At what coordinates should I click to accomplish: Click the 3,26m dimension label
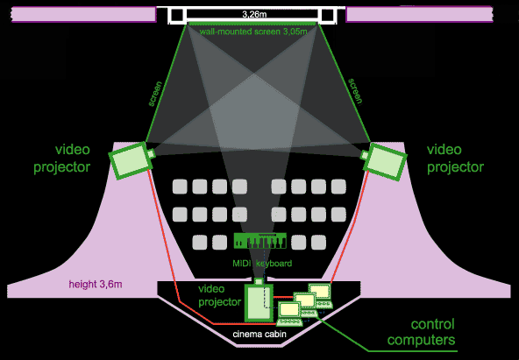pos(254,15)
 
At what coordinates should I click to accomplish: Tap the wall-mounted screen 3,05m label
pos(253,32)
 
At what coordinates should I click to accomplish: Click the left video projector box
pos(130,160)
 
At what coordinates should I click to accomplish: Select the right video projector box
pos(386,162)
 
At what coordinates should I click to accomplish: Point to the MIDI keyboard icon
pos(260,240)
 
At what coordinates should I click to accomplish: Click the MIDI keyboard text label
pos(262,264)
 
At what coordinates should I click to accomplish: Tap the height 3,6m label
pos(96,285)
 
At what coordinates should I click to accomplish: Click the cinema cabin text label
pos(259,334)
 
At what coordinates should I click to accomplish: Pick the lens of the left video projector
pos(151,153)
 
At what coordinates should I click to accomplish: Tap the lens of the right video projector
pos(365,155)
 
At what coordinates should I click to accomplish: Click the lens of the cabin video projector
pos(259,281)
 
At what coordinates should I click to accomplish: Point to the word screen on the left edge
pos(155,94)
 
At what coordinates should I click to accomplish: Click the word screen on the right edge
pos(356,92)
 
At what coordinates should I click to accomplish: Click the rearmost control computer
pos(320,294)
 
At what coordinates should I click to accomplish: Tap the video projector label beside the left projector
pos(62,159)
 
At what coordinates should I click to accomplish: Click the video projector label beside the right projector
pos(456,159)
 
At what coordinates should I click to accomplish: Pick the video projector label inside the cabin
pos(220,295)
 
